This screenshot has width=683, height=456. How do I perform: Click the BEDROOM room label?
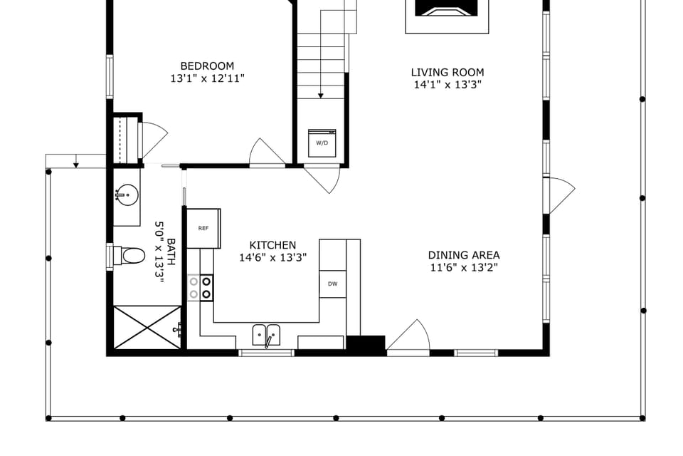click(x=206, y=66)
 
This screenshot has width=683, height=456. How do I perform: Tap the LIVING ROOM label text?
click(x=447, y=72)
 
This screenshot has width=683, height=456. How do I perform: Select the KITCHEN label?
click(x=272, y=245)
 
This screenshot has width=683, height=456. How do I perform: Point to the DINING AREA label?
click(x=463, y=255)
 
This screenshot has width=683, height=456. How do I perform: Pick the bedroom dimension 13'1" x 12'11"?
click(x=207, y=79)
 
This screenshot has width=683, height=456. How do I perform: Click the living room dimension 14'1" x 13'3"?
click(x=447, y=85)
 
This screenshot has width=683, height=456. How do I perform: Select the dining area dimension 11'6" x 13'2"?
click(x=463, y=268)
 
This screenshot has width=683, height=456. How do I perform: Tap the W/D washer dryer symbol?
click(x=322, y=142)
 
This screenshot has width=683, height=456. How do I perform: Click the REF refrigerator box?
click(x=203, y=228)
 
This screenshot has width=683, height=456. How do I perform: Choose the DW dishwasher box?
click(x=332, y=284)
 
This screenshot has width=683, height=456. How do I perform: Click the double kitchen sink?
click(x=267, y=334)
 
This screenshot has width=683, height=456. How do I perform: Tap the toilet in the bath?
click(x=131, y=255)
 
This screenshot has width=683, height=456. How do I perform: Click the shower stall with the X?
click(x=147, y=328)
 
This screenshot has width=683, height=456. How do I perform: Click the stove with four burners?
click(x=200, y=287)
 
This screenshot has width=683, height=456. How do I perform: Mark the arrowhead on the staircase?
click(x=321, y=95)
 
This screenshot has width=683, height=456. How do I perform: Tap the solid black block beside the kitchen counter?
click(x=366, y=343)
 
